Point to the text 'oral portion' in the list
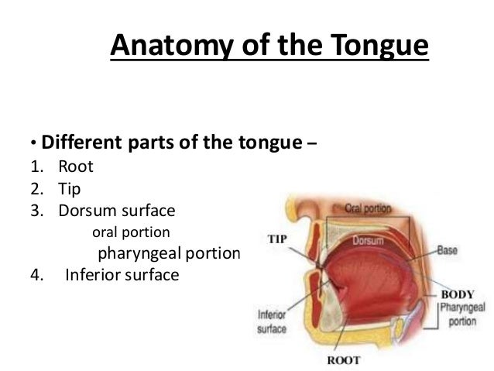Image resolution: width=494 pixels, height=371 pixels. pos(132,232)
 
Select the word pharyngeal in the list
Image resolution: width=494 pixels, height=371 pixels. pos(138,253)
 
